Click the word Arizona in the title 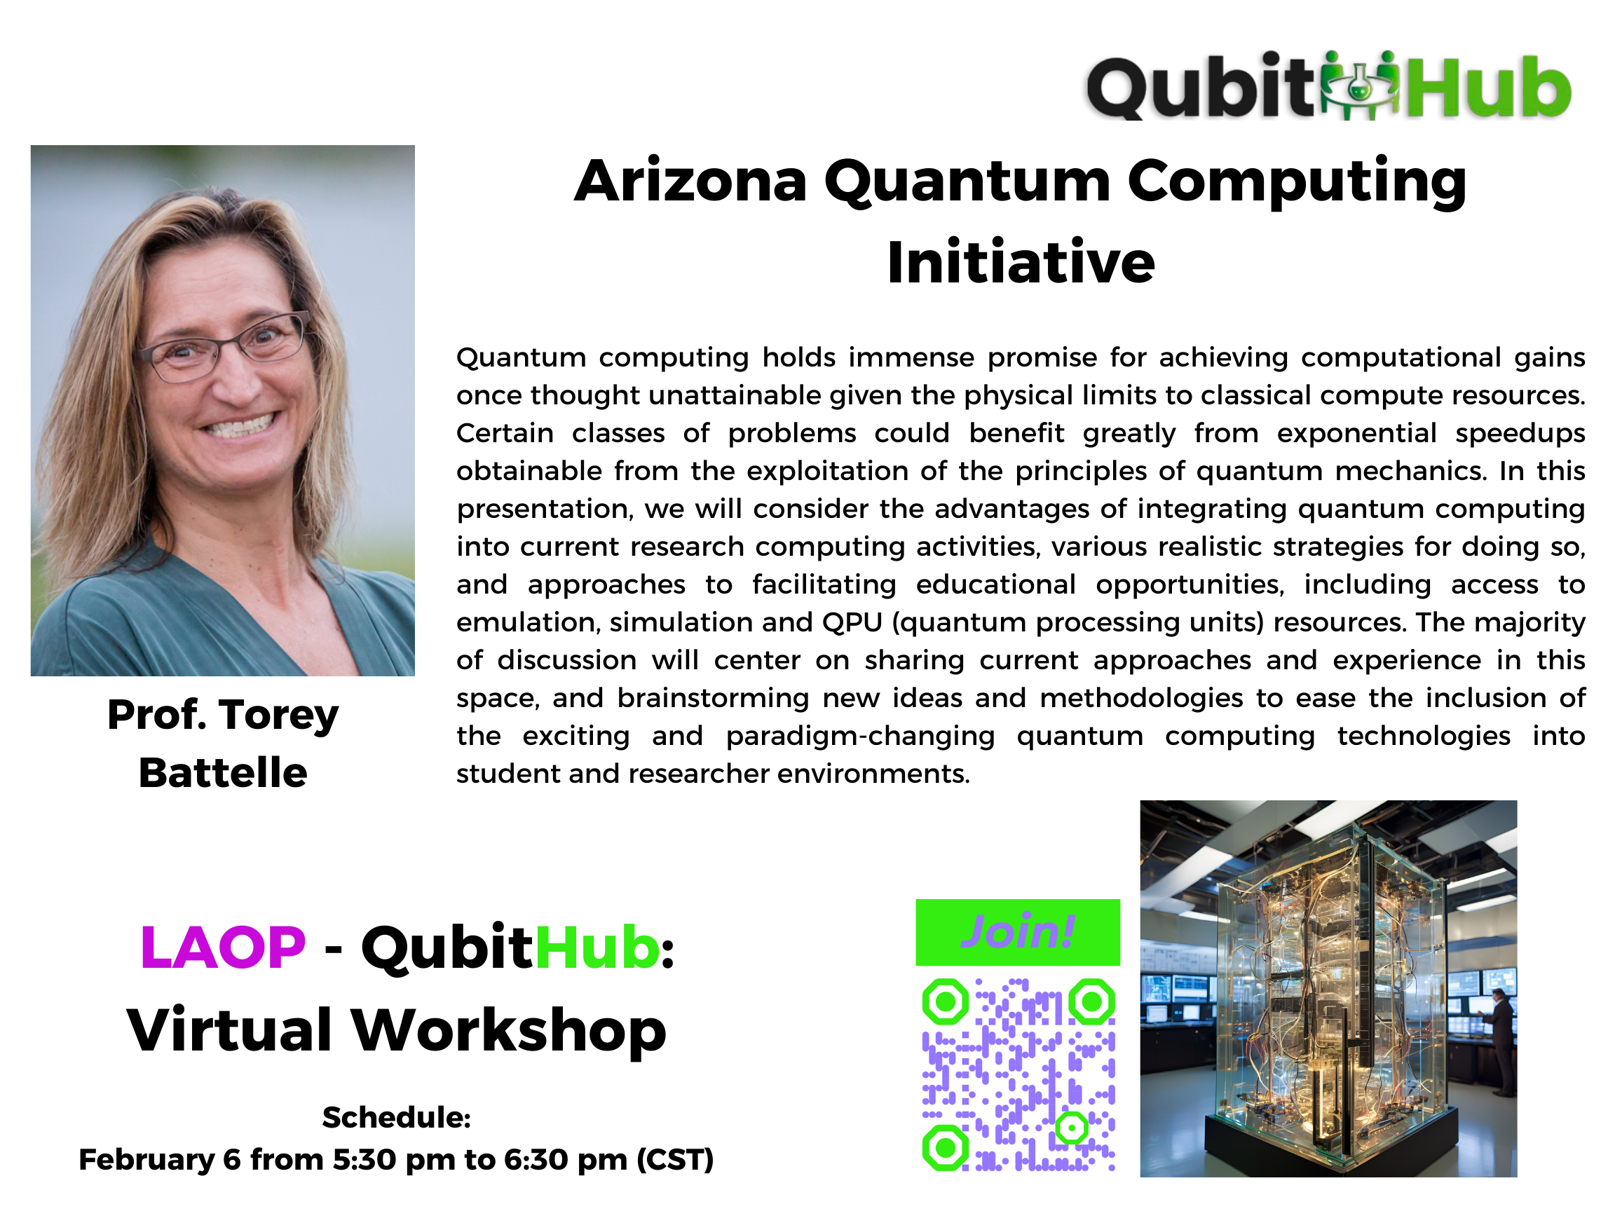click(x=690, y=181)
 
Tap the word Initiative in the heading click(x=1021, y=262)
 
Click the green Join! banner click(x=1018, y=932)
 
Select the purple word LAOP click(x=223, y=947)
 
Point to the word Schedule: click(x=397, y=1117)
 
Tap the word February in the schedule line click(x=146, y=1159)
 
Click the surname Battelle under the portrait click(x=223, y=772)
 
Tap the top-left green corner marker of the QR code click(x=946, y=1001)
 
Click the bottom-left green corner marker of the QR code click(x=946, y=1147)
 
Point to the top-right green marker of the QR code click(x=1092, y=1001)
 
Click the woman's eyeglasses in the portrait click(x=225, y=348)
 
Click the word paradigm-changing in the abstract click(x=860, y=737)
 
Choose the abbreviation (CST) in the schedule click(x=675, y=1160)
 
